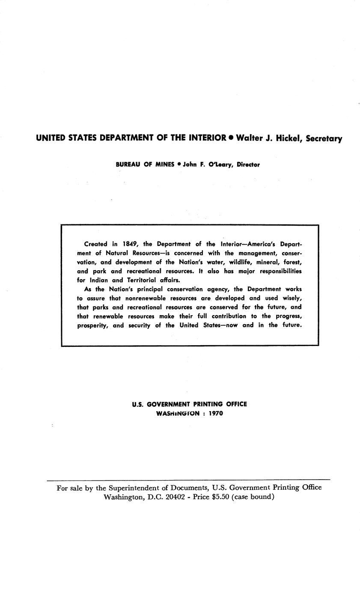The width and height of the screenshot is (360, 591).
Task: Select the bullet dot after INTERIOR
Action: tap(231, 138)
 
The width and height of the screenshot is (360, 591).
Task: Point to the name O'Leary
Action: tap(220, 164)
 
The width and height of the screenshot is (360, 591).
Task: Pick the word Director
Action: tap(248, 164)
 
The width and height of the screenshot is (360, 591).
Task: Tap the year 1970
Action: tap(216, 414)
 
